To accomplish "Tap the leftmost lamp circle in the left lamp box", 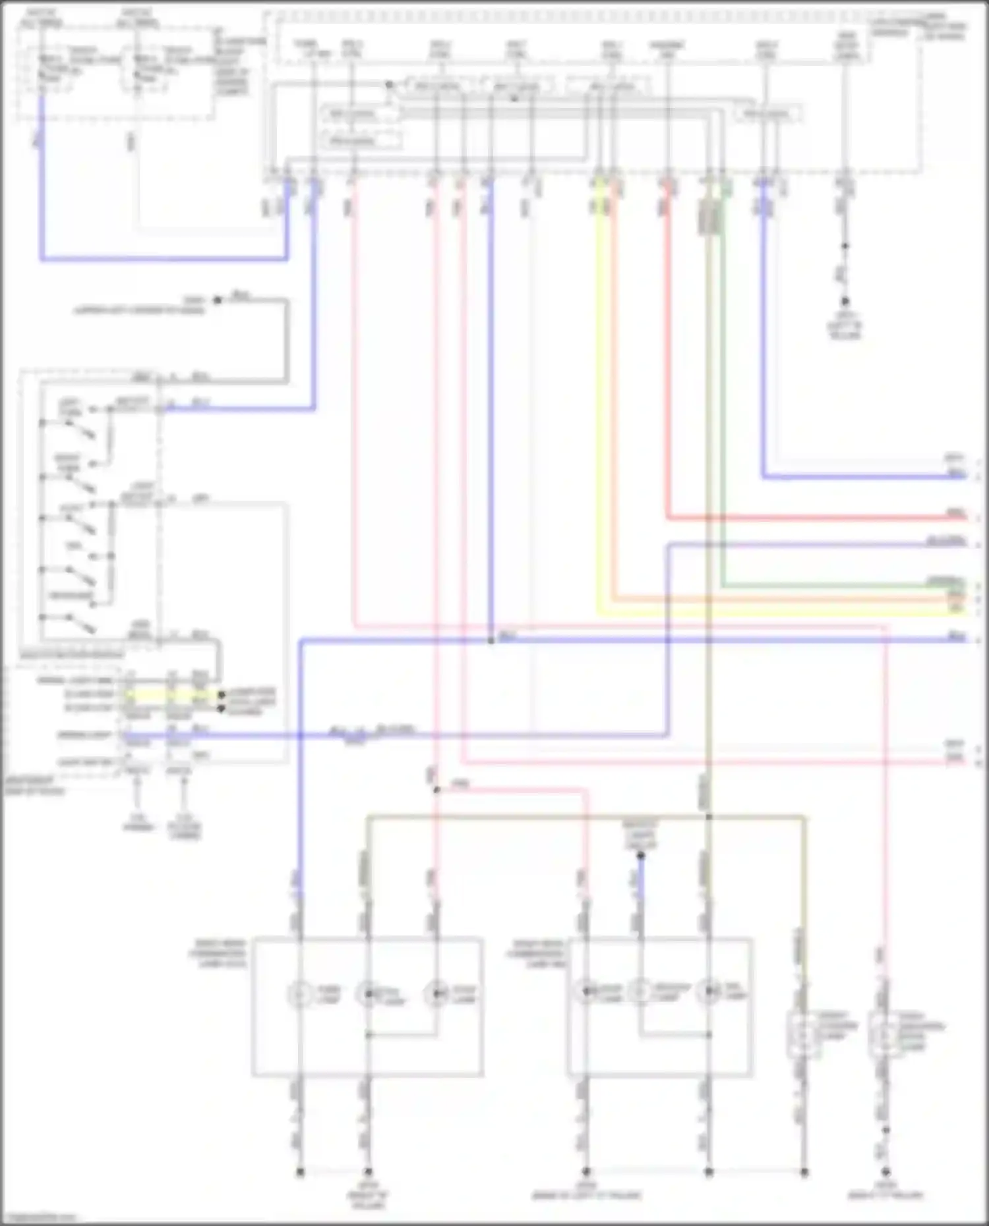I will [x=300, y=993].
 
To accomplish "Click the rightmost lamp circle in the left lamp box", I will [x=436, y=993].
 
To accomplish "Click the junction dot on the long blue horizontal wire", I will [x=491, y=640].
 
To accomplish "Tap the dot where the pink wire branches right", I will [x=436, y=789].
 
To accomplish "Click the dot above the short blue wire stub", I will [x=640, y=856].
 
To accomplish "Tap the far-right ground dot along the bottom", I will [x=886, y=1172].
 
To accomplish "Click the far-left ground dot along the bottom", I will [x=300, y=1172].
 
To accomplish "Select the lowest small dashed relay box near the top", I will [x=361, y=141].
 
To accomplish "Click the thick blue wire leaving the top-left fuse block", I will [x=165, y=259].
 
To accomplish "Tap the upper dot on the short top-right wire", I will [x=845, y=246].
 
